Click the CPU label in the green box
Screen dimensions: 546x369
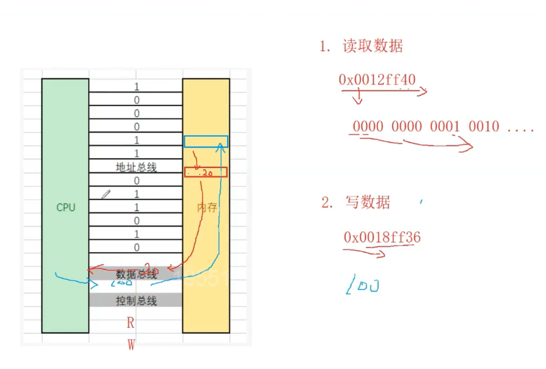coord(65,208)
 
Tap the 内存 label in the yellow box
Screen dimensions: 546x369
coord(207,208)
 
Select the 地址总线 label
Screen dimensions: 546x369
coord(136,167)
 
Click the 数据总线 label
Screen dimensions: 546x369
coord(136,274)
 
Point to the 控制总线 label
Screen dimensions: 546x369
coord(136,301)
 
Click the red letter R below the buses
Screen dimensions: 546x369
coord(131,322)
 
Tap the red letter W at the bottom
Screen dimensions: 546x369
coord(131,345)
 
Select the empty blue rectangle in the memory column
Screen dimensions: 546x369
coord(206,141)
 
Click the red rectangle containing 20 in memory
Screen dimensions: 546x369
coord(206,172)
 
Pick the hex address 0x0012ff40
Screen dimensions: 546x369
coord(377,80)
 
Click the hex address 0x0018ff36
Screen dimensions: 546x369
coord(382,238)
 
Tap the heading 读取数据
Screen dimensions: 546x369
coord(373,46)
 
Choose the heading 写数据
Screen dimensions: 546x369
coord(367,202)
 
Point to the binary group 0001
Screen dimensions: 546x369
coord(445,126)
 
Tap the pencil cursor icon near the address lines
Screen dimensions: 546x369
coord(106,194)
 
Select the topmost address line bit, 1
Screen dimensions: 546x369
coord(136,87)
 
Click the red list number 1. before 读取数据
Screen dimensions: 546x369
coord(325,47)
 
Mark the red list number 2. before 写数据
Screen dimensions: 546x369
coord(327,203)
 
